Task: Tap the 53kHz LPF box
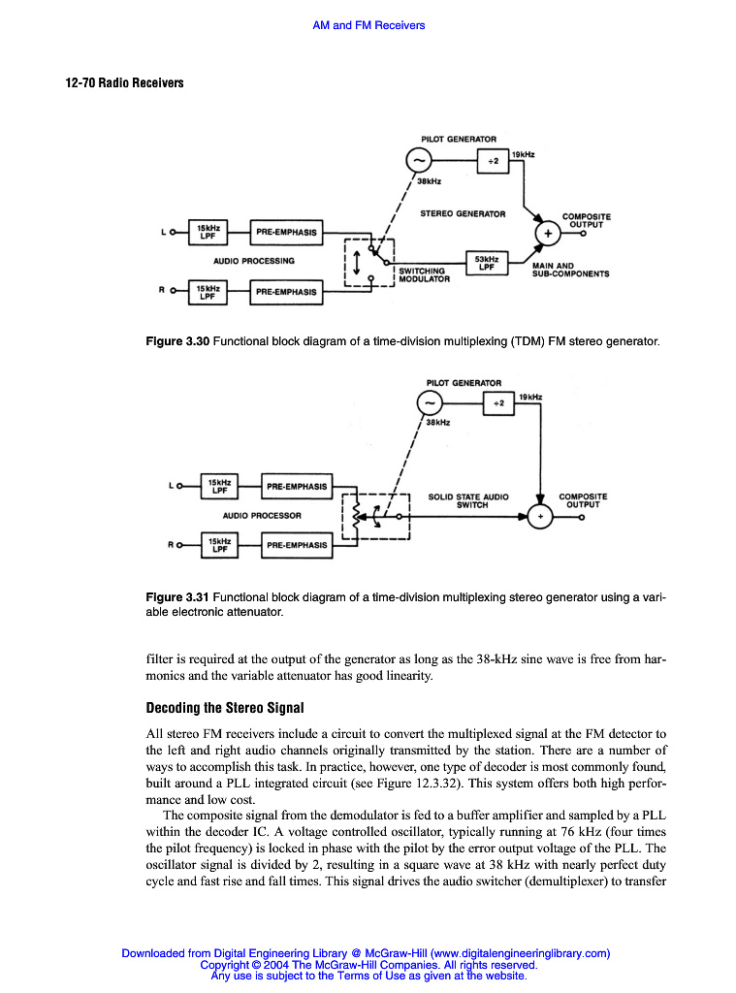(487, 263)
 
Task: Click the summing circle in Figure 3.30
(548, 234)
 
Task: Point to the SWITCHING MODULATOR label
(424, 275)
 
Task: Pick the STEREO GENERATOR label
(463, 213)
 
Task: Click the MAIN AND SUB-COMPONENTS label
(570, 270)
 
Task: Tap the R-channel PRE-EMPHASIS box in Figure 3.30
(287, 291)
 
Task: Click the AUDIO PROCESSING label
(254, 261)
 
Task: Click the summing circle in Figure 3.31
(540, 516)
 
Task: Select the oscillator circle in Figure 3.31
(429, 402)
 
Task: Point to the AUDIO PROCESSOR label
(262, 515)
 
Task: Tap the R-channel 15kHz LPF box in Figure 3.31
(219, 545)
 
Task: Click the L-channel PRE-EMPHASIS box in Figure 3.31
(297, 486)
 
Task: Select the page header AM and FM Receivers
(368, 25)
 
